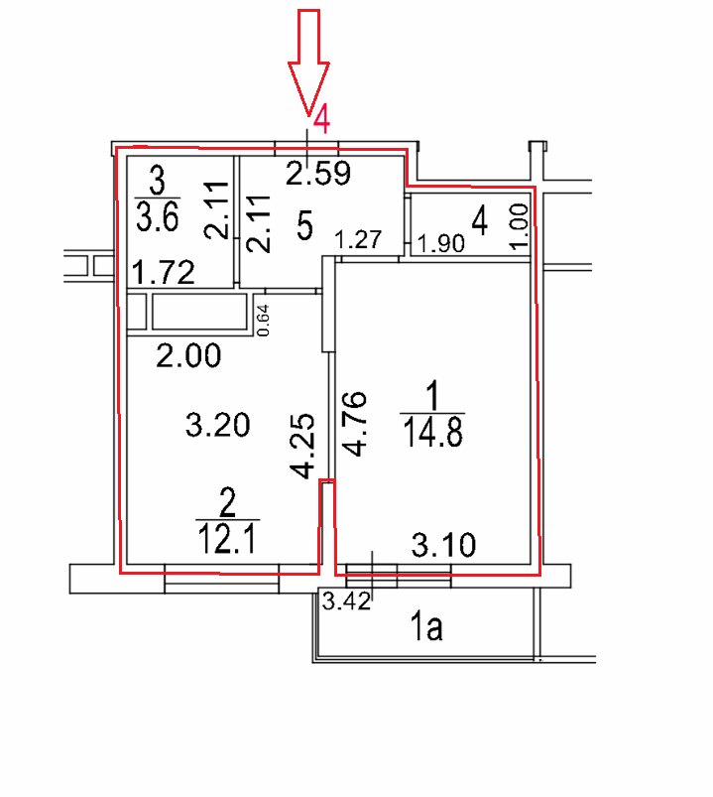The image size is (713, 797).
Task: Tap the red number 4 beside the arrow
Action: tap(321, 122)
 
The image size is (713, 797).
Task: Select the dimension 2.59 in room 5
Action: tap(318, 174)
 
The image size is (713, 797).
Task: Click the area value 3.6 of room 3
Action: tap(158, 217)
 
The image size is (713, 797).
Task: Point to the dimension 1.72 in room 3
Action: tap(163, 273)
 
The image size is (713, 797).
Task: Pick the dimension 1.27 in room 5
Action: tap(359, 239)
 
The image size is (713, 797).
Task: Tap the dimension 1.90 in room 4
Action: tap(441, 244)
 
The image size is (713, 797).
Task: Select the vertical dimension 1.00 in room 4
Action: tap(519, 226)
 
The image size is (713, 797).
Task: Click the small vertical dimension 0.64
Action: tap(264, 321)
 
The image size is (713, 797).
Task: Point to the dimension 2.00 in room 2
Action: tap(188, 355)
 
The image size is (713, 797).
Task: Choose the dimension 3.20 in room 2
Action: tap(217, 426)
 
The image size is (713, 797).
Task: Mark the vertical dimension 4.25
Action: tap(302, 447)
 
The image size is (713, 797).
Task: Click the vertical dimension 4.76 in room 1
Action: tap(354, 424)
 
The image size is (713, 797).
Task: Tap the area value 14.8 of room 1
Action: tap(432, 433)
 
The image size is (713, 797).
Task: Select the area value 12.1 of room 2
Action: tap(228, 539)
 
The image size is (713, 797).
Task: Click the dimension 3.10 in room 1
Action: tap(443, 545)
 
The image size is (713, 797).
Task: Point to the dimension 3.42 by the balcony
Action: tap(346, 601)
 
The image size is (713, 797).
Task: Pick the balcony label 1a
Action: tap(426, 627)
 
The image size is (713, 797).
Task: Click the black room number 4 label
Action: tap(480, 221)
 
